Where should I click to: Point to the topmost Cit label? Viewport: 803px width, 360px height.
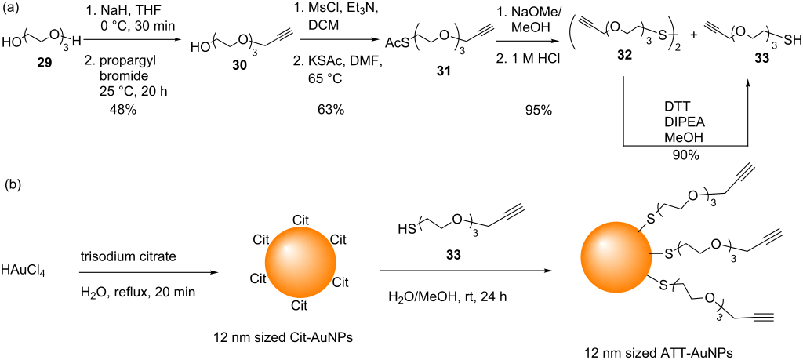coord(300,217)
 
